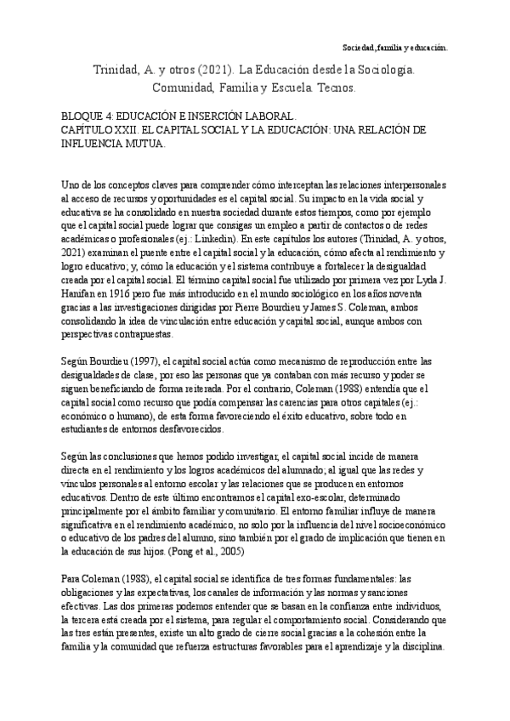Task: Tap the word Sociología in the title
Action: (x=383, y=69)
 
